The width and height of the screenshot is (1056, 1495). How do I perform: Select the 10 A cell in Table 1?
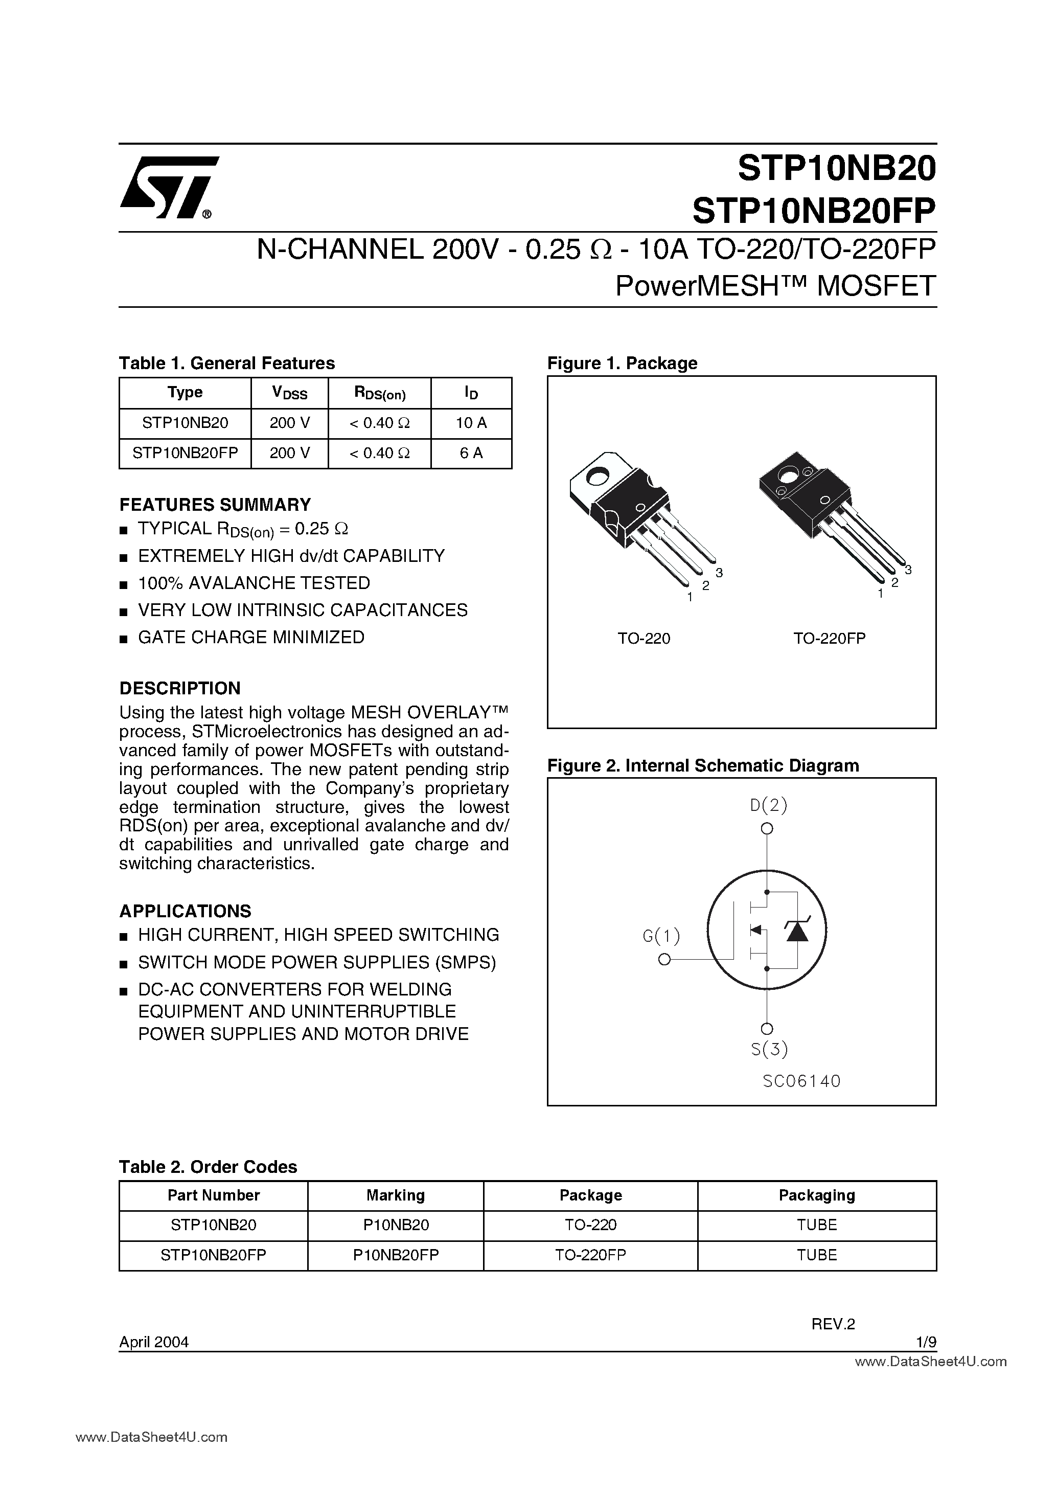[471, 423]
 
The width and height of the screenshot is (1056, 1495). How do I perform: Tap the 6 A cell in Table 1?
[471, 453]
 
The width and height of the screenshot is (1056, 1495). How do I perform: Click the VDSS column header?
[289, 393]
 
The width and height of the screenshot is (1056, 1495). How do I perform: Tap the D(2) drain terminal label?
[768, 805]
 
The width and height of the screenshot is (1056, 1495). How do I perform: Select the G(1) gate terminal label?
[661, 936]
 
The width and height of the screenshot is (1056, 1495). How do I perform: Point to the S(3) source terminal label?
[769, 1049]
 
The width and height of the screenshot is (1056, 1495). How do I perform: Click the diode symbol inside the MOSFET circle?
[797, 931]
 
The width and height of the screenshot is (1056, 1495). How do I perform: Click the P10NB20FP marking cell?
[395, 1255]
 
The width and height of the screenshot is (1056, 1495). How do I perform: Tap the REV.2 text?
[832, 1324]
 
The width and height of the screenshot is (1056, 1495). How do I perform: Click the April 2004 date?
[154, 1342]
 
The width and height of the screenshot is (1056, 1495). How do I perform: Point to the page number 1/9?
[925, 1342]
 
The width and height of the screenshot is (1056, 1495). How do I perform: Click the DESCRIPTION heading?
[180, 688]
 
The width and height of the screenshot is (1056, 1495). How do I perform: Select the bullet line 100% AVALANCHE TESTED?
[254, 583]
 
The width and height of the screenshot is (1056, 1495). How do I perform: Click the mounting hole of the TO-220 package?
[595, 477]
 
